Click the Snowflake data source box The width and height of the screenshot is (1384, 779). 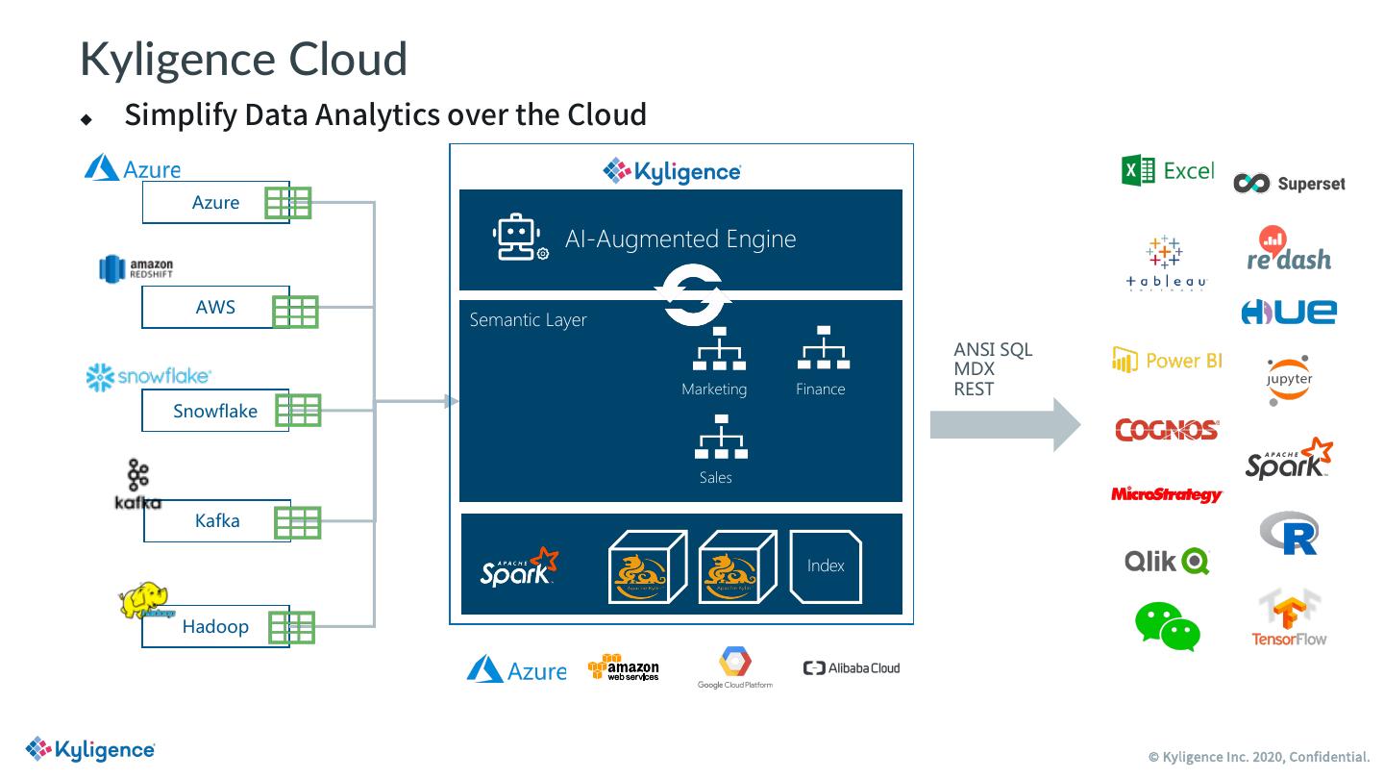click(215, 411)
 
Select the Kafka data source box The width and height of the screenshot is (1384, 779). click(217, 520)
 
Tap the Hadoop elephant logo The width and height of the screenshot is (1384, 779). click(143, 599)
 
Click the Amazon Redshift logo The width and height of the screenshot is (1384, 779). click(136, 268)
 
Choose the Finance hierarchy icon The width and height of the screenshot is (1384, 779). click(824, 348)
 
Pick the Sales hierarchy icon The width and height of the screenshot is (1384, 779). click(721, 437)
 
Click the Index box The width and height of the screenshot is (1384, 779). click(826, 566)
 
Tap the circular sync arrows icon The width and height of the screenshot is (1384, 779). click(695, 295)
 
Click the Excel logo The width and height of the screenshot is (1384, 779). click(1167, 170)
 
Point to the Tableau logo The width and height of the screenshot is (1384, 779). click(1165, 262)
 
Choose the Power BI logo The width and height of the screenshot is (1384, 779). click(1167, 361)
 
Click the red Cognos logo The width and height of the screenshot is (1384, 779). click(1167, 430)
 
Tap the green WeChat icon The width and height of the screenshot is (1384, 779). click(1168, 627)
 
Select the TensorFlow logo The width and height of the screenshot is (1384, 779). click(1289, 618)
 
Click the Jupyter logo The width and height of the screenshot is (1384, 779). click(1289, 380)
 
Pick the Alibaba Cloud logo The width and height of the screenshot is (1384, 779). click(852, 667)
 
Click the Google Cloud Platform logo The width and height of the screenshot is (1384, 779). click(735, 666)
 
